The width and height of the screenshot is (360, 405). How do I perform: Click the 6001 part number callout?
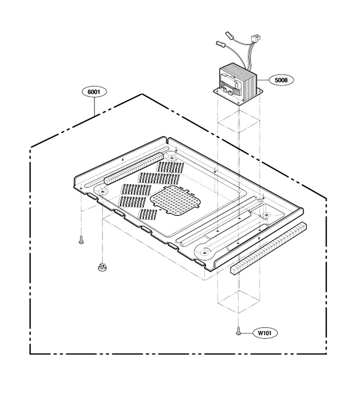(94, 92)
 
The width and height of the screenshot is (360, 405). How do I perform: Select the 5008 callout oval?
(281, 80)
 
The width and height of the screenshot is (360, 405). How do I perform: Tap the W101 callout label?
(265, 333)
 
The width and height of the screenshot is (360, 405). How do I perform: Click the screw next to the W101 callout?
(238, 331)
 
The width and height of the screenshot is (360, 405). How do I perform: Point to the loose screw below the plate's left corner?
(81, 240)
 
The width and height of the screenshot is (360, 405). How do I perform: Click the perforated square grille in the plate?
(175, 200)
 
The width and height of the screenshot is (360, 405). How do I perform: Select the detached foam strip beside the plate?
(268, 248)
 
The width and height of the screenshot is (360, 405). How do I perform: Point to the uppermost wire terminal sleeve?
(229, 36)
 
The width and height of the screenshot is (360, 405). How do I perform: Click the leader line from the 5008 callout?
(263, 80)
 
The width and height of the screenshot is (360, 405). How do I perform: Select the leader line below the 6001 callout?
(94, 106)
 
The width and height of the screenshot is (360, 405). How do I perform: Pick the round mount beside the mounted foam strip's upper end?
(171, 157)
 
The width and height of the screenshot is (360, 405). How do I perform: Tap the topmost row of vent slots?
(170, 168)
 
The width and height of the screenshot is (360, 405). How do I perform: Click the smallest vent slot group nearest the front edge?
(148, 214)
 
